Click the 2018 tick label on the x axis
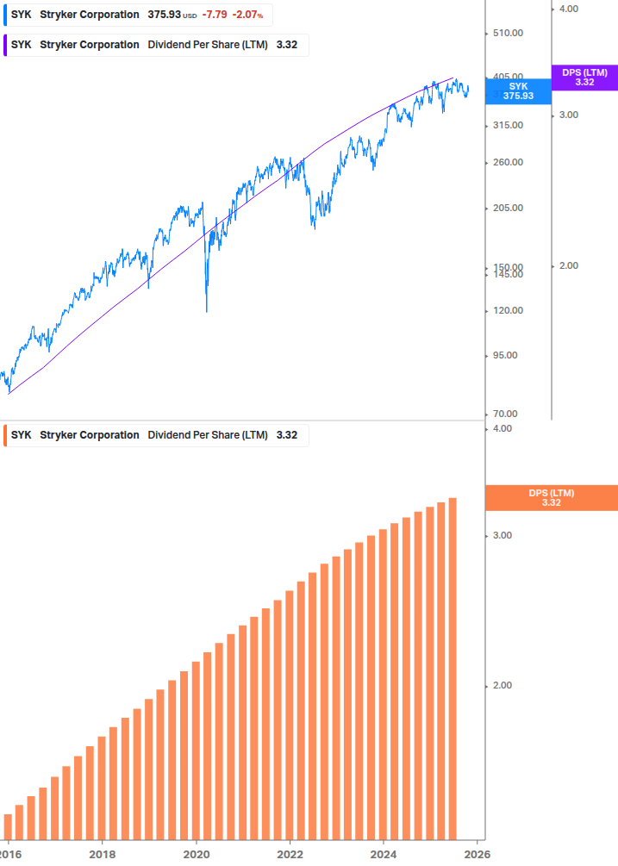[x=103, y=853]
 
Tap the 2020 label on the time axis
[x=197, y=853]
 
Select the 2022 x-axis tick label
[x=290, y=853]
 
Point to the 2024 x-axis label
[x=384, y=853]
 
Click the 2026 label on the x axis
[x=478, y=853]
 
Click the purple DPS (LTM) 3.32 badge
[x=584, y=78]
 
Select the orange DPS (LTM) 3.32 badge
[x=552, y=498]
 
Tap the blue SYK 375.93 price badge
[x=518, y=91]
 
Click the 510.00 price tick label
[x=507, y=34]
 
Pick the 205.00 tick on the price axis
[x=507, y=208]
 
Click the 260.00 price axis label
[x=507, y=162]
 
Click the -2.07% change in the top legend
[x=248, y=15]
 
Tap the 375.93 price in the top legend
[x=164, y=15]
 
